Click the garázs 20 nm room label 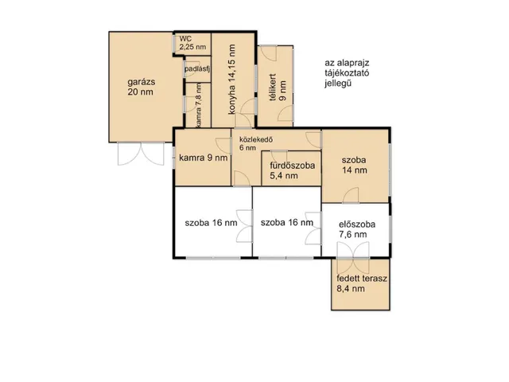pyautogui.click(x=141, y=87)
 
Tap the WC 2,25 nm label pyautogui.click(x=192, y=42)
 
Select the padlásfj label pyautogui.click(x=197, y=69)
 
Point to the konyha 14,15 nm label pyautogui.click(x=231, y=80)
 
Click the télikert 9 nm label pyautogui.click(x=278, y=87)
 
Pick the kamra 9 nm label pyautogui.click(x=204, y=158)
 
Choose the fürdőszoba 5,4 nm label pyautogui.click(x=293, y=170)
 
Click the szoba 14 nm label pyautogui.click(x=354, y=165)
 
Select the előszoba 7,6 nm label pyautogui.click(x=357, y=229)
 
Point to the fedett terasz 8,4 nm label pyautogui.click(x=362, y=283)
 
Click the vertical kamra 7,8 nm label pyautogui.click(x=199, y=105)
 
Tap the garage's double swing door pyautogui.click(x=141, y=154)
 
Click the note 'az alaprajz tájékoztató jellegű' pyautogui.click(x=347, y=73)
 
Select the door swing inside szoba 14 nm pyautogui.click(x=351, y=196)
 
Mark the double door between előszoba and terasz pyautogui.click(x=353, y=258)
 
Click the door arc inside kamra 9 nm pyautogui.click(x=223, y=146)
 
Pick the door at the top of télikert pyautogui.click(x=268, y=53)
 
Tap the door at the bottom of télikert pyautogui.click(x=286, y=113)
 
